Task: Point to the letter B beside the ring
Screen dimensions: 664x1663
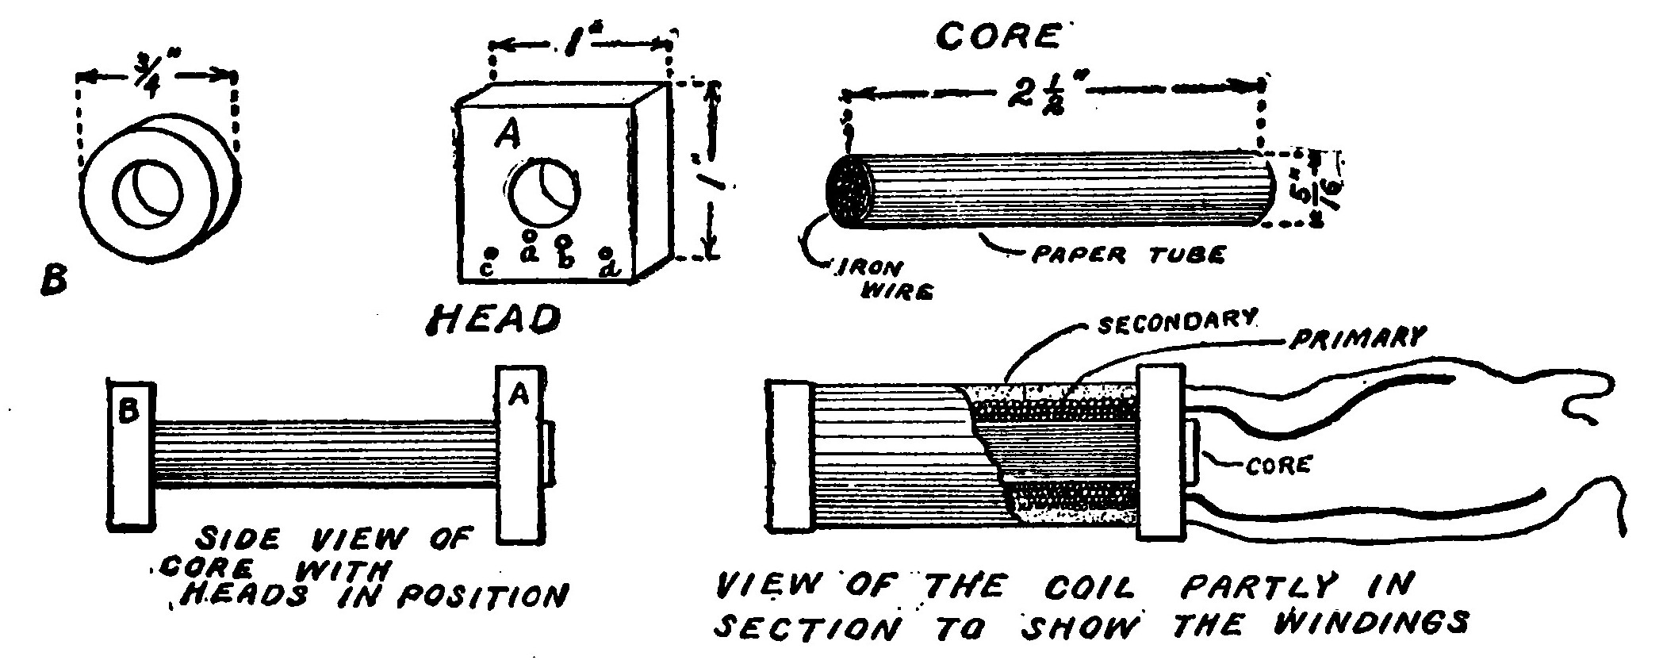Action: pyautogui.click(x=54, y=278)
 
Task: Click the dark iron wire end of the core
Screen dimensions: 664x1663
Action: pyautogui.click(x=849, y=193)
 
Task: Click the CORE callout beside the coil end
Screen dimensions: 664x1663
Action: pyautogui.click(x=1276, y=465)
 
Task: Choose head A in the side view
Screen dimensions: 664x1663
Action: pyautogui.click(x=520, y=454)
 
